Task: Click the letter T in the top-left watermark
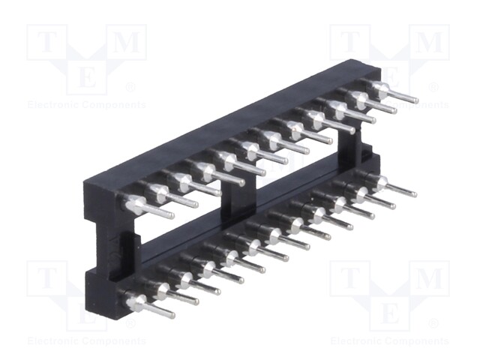tap(46, 42)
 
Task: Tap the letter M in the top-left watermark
tap(127, 42)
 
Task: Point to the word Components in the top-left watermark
tap(114, 105)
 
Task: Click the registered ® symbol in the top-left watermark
tap(130, 88)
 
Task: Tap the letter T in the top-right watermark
tap(350, 42)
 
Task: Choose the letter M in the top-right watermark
tap(430, 42)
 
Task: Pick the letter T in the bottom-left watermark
tap(46, 278)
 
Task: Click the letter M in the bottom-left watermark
tap(127, 278)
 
